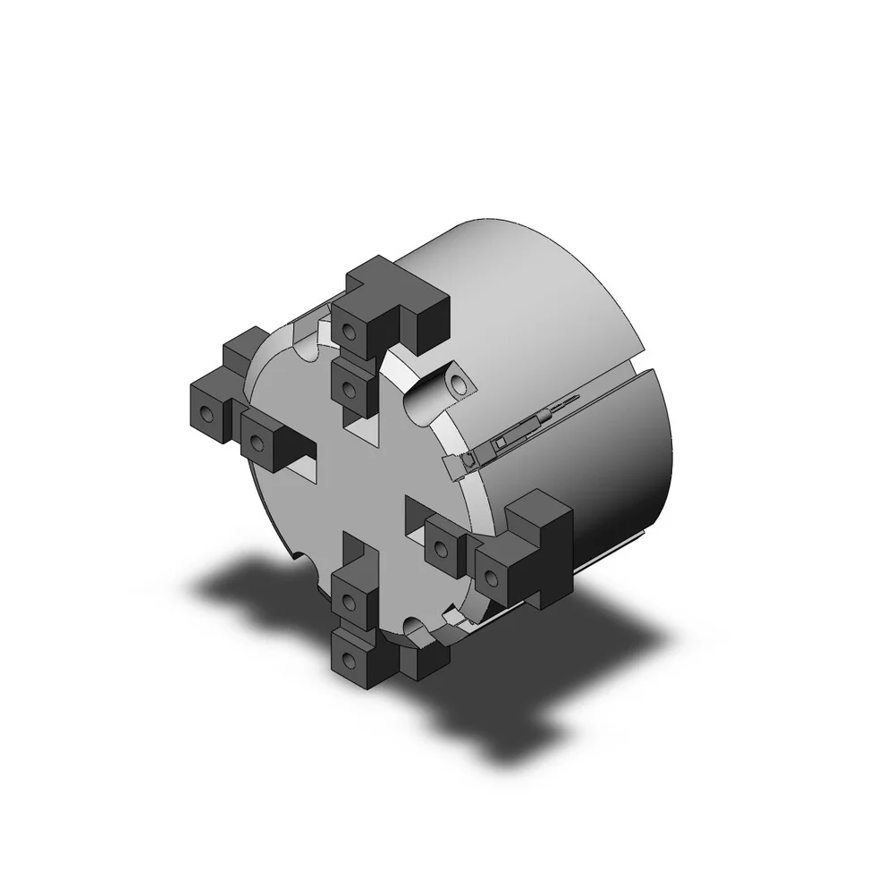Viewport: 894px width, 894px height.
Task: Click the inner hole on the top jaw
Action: click(350, 388)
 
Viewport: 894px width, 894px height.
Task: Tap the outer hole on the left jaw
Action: click(207, 415)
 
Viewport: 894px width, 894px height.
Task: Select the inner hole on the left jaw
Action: click(257, 440)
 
